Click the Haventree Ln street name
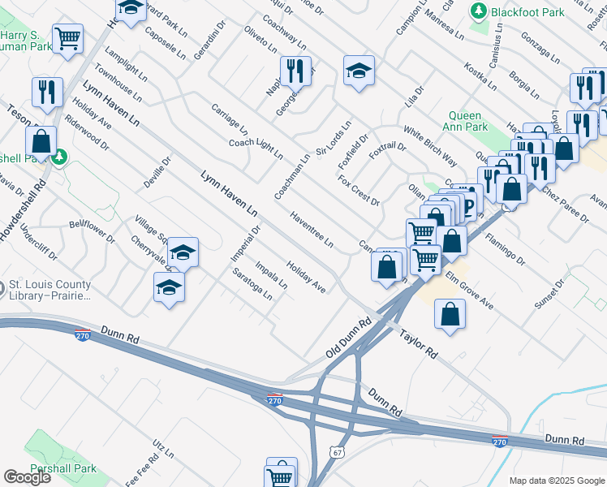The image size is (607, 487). pyautogui.click(x=312, y=229)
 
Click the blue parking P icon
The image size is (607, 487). pyautogui.click(x=470, y=198)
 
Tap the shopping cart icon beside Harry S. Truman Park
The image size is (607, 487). pyautogui.click(x=68, y=37)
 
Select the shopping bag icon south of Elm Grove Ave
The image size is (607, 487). pyautogui.click(x=450, y=314)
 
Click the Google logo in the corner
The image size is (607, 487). pyautogui.click(x=27, y=477)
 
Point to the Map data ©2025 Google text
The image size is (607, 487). pyautogui.click(x=556, y=481)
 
